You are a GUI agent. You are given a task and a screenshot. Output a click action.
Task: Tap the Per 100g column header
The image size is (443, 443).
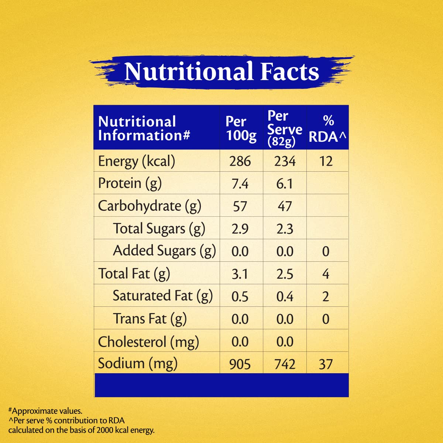click(241, 128)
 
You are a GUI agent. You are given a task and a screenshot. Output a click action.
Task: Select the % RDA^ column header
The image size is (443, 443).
click(327, 128)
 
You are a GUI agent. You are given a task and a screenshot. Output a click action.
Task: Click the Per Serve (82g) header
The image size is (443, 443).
click(285, 128)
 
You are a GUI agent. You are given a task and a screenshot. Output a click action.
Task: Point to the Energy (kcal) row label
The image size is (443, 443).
click(137, 161)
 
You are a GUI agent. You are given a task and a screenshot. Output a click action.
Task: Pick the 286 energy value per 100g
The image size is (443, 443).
click(240, 161)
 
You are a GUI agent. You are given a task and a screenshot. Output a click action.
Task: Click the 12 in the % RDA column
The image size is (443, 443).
click(326, 161)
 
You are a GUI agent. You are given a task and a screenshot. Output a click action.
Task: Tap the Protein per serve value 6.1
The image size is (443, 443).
click(285, 184)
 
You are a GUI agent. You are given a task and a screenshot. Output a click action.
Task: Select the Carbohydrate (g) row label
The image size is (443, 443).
click(150, 206)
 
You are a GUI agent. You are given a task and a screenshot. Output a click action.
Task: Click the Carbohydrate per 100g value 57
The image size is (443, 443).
click(240, 206)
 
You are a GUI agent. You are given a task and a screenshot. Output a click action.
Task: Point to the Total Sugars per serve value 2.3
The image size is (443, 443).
click(285, 229)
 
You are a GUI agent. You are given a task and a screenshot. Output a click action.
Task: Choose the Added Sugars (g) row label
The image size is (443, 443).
click(164, 251)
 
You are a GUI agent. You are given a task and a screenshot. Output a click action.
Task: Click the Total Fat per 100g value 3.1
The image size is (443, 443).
click(240, 274)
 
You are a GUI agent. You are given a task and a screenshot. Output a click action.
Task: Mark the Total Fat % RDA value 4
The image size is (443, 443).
click(326, 274)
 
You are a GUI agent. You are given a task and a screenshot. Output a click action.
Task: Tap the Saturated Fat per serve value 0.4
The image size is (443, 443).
click(285, 296)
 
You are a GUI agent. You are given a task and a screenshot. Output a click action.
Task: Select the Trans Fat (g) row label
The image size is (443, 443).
click(150, 319)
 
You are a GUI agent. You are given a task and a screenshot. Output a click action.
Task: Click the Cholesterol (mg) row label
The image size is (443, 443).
click(148, 342)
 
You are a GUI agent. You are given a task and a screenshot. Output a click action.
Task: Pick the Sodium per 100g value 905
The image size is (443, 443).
click(240, 364)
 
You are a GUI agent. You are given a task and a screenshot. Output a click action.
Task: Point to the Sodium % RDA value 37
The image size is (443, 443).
click(326, 364)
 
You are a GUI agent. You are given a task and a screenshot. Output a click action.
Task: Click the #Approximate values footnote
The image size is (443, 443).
click(45, 411)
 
